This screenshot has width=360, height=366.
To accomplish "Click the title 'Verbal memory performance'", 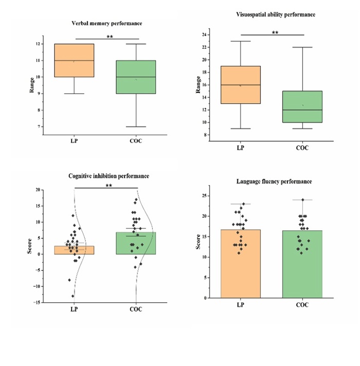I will [x=107, y=24].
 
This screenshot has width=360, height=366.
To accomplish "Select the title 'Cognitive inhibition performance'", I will [x=109, y=176].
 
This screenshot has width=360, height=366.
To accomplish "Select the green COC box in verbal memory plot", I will [x=136, y=77].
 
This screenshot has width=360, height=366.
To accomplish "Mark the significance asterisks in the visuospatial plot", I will [x=275, y=33].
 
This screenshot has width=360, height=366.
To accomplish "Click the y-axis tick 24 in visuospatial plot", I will [x=204, y=35].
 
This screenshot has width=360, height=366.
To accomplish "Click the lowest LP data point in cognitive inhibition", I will [x=73, y=296].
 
